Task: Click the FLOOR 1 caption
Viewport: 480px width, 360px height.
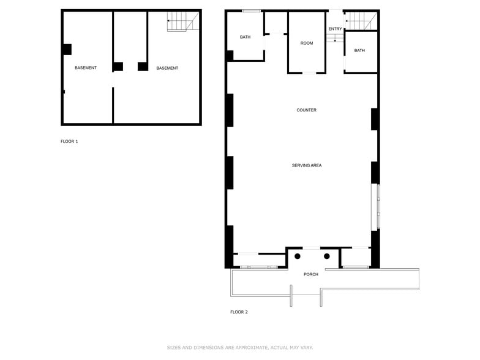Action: coord(69,141)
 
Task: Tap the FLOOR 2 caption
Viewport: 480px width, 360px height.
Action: coord(239,312)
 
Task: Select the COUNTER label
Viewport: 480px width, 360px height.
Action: coord(306,110)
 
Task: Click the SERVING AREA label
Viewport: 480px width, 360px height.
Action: coord(306,165)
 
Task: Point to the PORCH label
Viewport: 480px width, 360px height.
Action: coord(311,274)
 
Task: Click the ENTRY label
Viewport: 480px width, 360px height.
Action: coord(335,29)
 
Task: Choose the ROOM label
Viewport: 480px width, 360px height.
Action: coord(307,43)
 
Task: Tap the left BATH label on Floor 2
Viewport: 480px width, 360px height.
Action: coord(245,37)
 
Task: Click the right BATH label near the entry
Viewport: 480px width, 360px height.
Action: coord(359,50)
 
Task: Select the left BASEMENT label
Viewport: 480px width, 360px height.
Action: coord(86,68)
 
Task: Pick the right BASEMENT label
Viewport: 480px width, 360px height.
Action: coord(167,68)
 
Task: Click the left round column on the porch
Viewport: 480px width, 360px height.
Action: coord(298,256)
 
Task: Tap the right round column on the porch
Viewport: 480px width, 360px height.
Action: coord(327,256)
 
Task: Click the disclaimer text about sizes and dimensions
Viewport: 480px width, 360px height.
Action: coord(239,348)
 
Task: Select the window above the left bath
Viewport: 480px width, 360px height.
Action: coord(251,10)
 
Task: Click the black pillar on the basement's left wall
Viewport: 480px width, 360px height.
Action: coord(67,50)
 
